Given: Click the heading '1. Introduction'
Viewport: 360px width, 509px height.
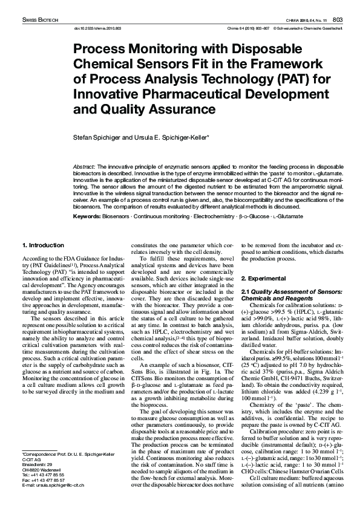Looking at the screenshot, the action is point(43,245).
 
